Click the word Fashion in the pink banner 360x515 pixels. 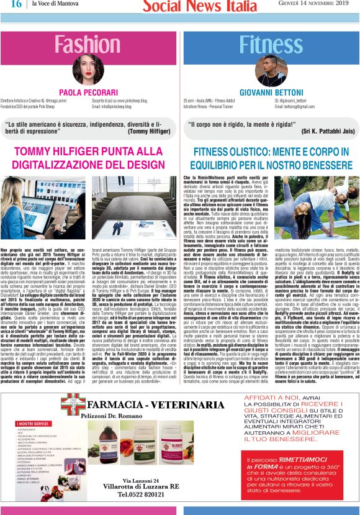pos(88,45)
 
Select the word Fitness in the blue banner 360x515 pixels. pos(271,45)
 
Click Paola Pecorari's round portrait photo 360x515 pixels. pos(88,70)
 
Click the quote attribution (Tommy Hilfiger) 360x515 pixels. pos(151,131)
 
